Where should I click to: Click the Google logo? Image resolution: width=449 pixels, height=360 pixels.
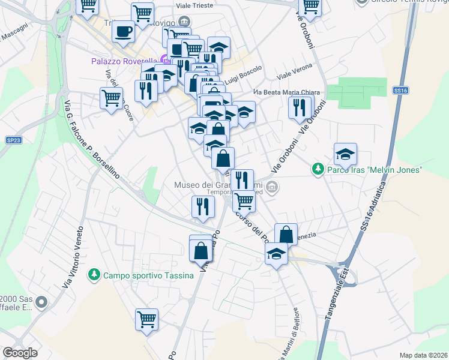[20, 353]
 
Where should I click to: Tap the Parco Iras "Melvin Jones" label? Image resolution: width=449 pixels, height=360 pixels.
[375, 170]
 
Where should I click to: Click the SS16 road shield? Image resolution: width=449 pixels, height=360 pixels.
[401, 90]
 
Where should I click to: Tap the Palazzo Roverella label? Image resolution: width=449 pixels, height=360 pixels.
[124, 61]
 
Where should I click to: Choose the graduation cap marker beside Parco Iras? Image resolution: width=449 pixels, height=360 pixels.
[345, 154]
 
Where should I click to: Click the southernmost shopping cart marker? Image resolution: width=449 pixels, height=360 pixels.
[146, 320]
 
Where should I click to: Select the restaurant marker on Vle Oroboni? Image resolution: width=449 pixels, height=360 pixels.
[299, 107]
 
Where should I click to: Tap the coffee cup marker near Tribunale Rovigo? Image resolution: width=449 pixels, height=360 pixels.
[124, 32]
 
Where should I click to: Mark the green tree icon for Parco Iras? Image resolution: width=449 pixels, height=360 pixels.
[318, 170]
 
